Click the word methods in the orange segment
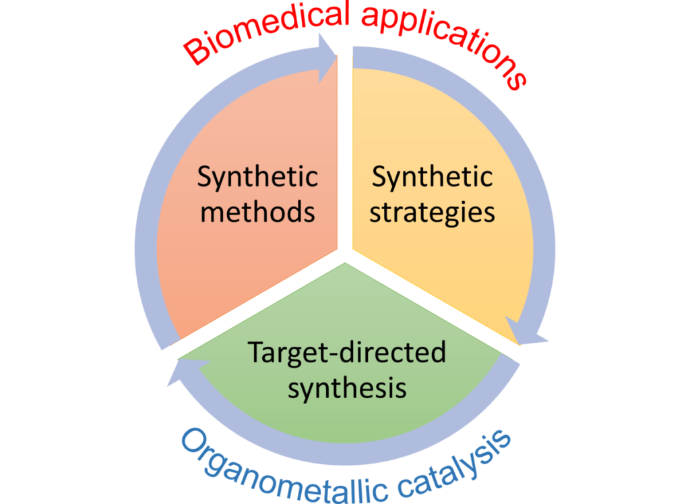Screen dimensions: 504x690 258,213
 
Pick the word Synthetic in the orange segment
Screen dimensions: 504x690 257,177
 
